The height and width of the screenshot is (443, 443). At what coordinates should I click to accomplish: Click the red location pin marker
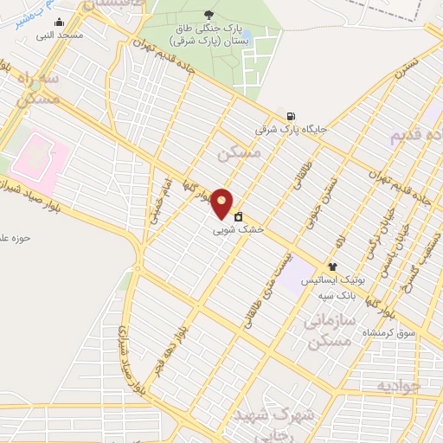coord(222,203)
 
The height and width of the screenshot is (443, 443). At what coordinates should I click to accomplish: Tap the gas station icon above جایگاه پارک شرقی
coord(289,116)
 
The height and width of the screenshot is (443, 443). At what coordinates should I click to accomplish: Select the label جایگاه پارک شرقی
coord(292,130)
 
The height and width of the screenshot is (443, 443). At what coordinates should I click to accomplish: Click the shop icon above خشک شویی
coord(238,217)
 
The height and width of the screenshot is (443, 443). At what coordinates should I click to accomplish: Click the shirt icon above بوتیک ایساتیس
coord(331,266)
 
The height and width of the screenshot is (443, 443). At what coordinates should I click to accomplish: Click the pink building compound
coord(38,159)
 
